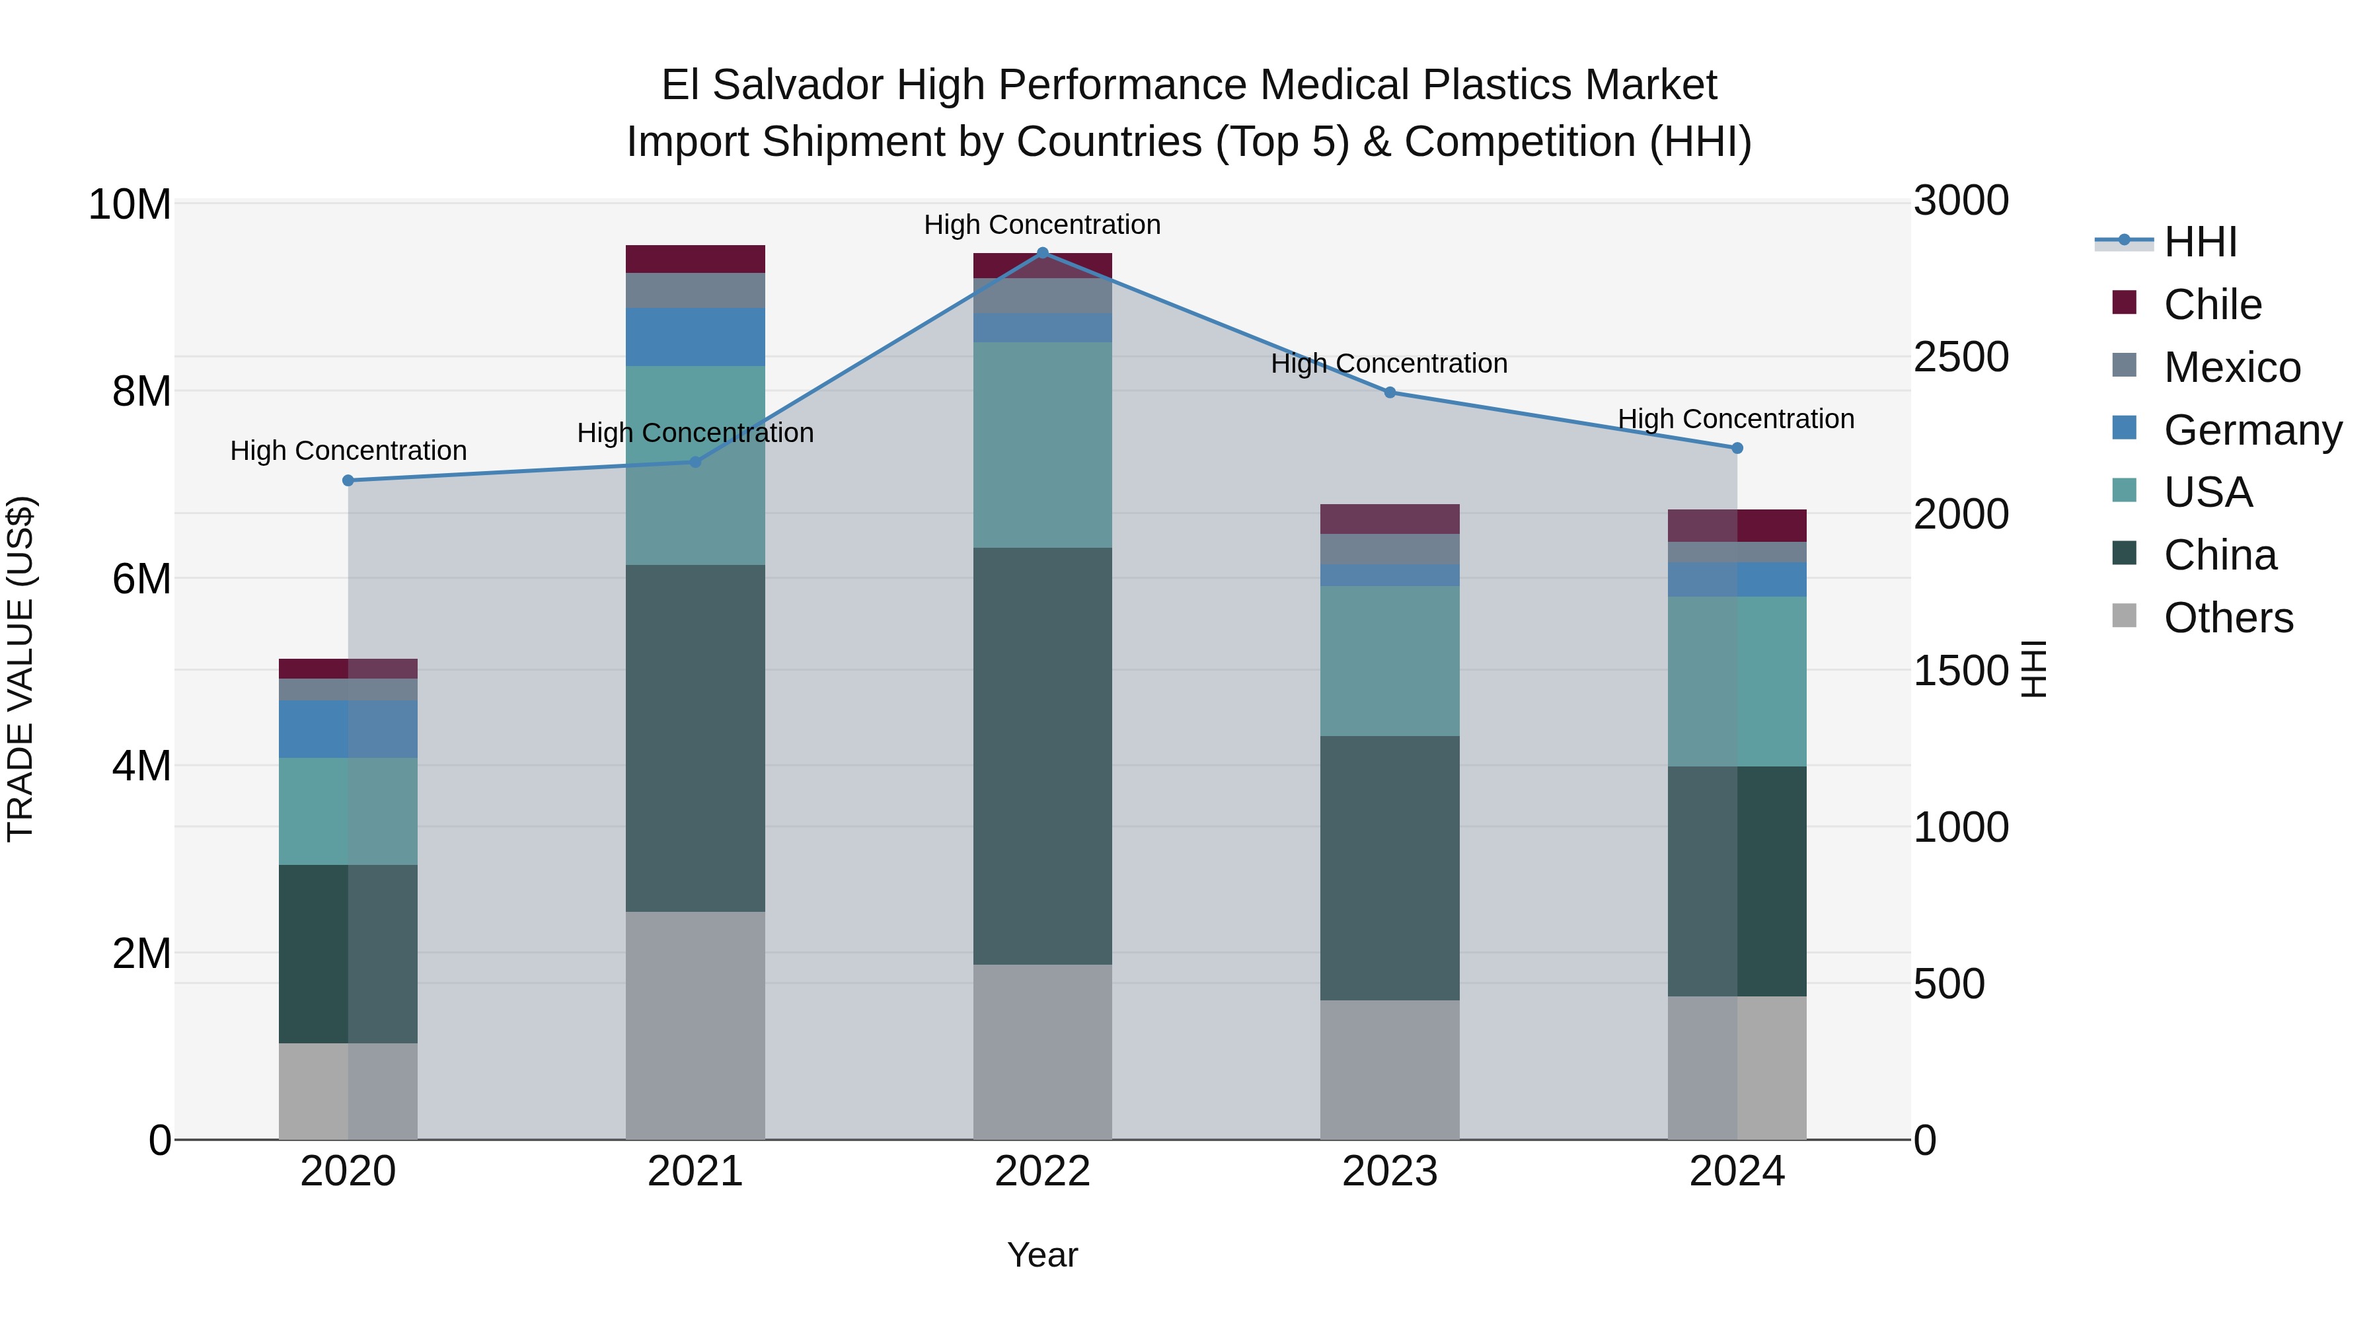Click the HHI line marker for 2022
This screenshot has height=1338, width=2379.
point(1043,252)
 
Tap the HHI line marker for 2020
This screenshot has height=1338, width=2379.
point(348,480)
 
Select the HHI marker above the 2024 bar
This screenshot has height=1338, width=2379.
point(1737,448)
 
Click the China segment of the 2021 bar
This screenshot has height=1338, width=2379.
point(695,738)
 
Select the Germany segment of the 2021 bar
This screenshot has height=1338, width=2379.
point(695,336)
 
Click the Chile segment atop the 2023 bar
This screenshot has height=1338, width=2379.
point(1390,518)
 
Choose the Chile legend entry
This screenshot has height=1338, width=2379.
point(2212,305)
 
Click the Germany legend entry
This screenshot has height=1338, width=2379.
point(2251,430)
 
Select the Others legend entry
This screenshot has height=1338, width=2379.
point(2228,618)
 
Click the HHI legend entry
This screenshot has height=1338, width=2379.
point(2200,242)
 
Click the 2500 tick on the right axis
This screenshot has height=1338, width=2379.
point(1961,357)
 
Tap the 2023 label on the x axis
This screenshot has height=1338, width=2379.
point(1390,1171)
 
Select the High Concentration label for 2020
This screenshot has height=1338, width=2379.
point(348,451)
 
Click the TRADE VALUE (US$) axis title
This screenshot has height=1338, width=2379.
point(20,669)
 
